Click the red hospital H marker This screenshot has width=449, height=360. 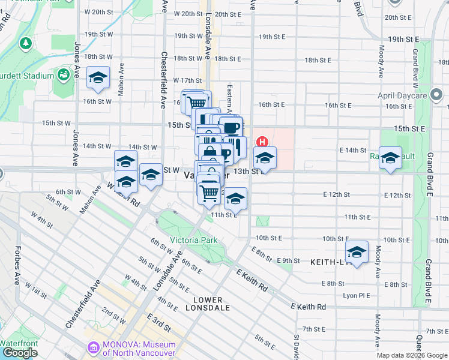[262, 142]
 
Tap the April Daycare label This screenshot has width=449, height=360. [402, 95]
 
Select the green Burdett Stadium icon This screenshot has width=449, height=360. [63, 74]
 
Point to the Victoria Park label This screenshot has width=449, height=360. [193, 240]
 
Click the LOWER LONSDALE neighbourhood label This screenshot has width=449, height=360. [208, 304]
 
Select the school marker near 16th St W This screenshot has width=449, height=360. [98, 78]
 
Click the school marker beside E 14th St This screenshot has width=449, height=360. [390, 158]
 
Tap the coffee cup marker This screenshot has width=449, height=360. [232, 127]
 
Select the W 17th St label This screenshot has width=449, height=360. [187, 80]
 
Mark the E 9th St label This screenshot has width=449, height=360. [289, 260]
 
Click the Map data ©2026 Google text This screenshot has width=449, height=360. [411, 355]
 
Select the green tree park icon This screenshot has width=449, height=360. [25, 43]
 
